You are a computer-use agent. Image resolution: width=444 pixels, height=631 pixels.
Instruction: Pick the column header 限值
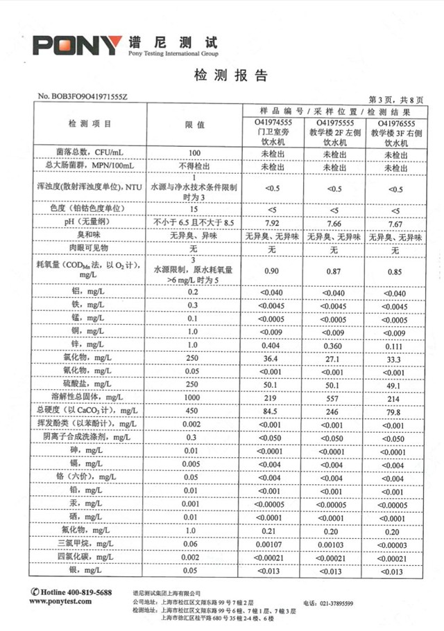click(195, 124)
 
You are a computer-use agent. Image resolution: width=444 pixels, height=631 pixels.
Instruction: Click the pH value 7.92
click(271, 223)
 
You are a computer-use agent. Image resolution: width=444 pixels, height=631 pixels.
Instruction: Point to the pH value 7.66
click(334, 223)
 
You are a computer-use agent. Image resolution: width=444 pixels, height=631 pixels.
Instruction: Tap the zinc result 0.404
click(271, 345)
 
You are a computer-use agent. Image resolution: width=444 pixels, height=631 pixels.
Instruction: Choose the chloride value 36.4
click(271, 359)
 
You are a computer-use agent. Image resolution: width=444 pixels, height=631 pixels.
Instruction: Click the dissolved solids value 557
click(334, 398)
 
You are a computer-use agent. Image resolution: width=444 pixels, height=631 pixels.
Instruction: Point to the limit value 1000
click(194, 398)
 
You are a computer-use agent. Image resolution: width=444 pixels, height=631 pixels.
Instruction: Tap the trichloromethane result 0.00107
click(271, 544)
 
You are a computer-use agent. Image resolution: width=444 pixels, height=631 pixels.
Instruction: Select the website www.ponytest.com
click(61, 603)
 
